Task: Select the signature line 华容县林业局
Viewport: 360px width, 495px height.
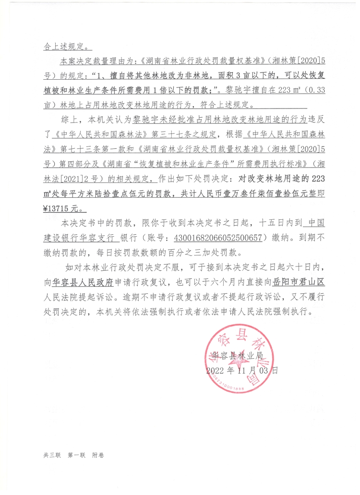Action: (x=239, y=356)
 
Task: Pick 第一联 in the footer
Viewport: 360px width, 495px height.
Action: (x=76, y=455)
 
